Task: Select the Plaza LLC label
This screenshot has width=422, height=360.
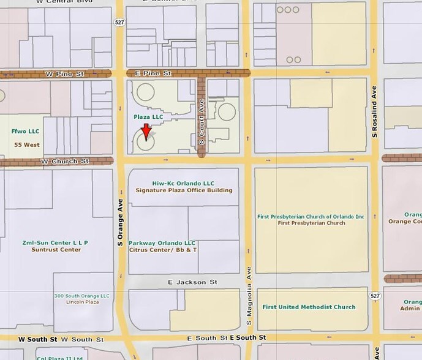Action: (x=149, y=116)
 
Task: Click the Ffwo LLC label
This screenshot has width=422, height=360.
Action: (x=24, y=131)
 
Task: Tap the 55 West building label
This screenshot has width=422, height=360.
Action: (x=25, y=144)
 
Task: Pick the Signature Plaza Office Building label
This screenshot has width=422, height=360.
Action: (x=184, y=190)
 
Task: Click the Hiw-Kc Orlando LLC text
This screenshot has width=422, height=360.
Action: (x=183, y=183)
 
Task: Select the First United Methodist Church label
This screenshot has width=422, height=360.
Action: (x=308, y=307)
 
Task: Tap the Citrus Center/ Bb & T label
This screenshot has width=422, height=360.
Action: (x=162, y=250)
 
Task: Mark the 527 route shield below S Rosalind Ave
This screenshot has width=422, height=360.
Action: (x=375, y=296)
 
